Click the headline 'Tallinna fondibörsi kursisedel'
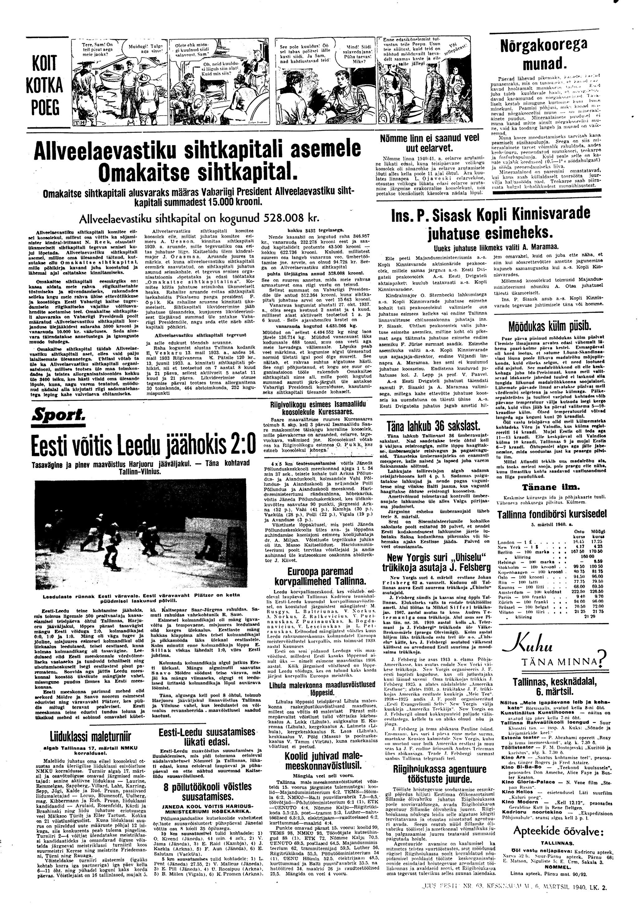pyautogui.click(x=546, y=514)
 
